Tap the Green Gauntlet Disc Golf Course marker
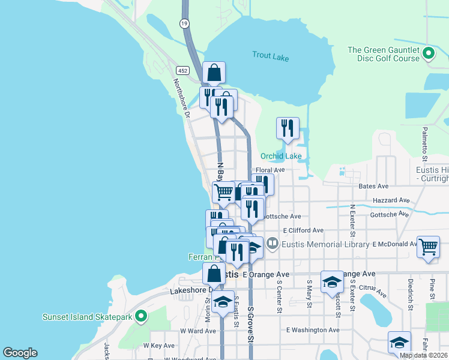[x=429, y=54]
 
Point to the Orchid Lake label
[x=281, y=156]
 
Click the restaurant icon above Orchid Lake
[x=288, y=128]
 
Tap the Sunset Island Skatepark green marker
[x=140, y=316]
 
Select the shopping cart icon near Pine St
[x=428, y=246]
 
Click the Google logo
[x=20, y=353]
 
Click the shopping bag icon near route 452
[x=214, y=73]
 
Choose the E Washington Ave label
[x=313, y=329]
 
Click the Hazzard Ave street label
[x=391, y=200]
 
